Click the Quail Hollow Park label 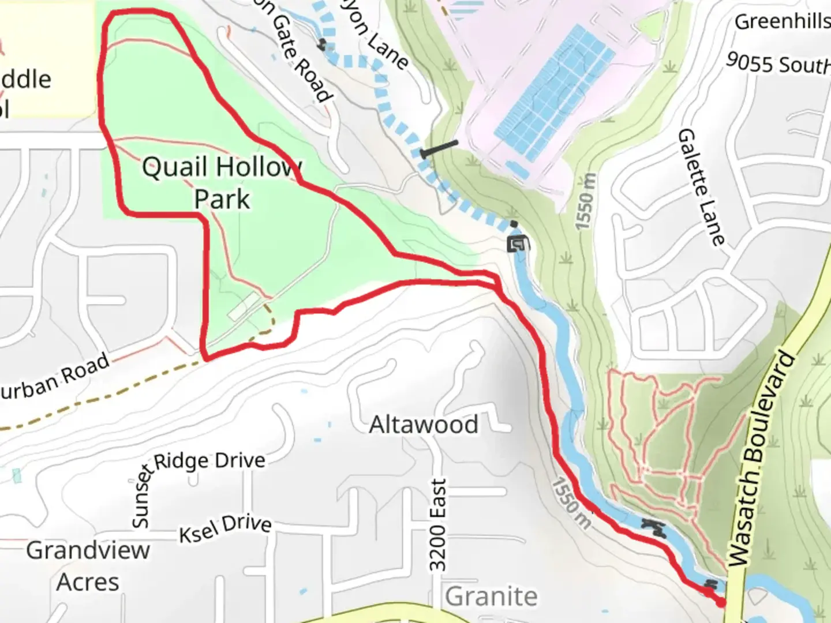222,183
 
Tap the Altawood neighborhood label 424,425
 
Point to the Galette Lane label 701,187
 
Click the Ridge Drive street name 209,461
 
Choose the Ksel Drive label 225,528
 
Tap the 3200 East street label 438,525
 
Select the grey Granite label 491,596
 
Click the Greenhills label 782,22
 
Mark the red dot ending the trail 721,603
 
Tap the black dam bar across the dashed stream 440,148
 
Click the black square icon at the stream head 516,244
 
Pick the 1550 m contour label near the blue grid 585,201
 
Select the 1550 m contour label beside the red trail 571,503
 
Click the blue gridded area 555,92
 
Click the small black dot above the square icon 514,224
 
